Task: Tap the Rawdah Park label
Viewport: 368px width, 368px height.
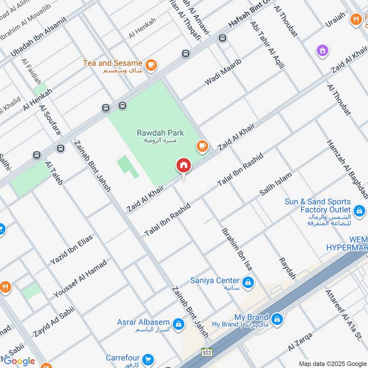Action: click(x=160, y=133)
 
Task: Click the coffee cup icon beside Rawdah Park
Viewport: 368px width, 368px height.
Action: click(x=202, y=146)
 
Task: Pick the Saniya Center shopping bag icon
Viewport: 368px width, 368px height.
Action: click(x=248, y=281)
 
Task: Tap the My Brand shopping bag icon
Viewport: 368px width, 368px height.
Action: click(x=277, y=318)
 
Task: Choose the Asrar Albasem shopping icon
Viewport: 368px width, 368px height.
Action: click(x=179, y=324)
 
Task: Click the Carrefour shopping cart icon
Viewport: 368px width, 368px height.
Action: click(x=148, y=358)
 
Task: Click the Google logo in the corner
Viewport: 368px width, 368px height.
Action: click(x=19, y=361)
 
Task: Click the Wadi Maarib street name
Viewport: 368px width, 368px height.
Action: click(x=223, y=72)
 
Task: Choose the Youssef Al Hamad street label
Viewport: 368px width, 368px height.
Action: click(x=80, y=278)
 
